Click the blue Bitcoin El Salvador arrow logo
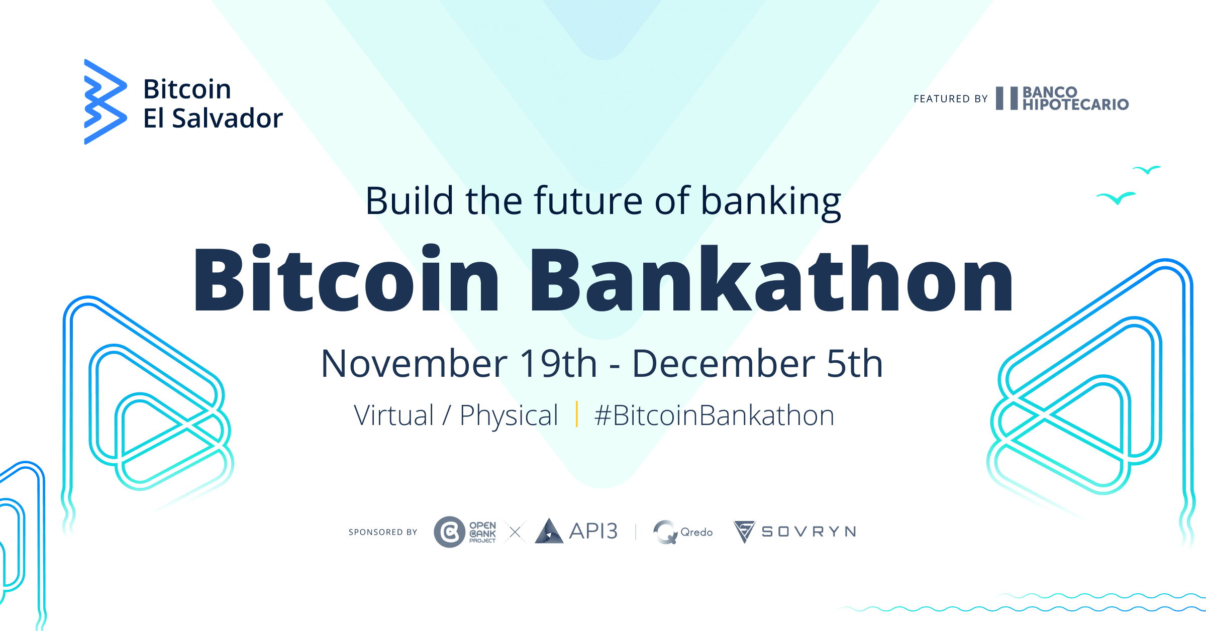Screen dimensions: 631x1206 coord(105,102)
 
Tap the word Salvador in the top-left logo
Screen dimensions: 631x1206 coord(227,119)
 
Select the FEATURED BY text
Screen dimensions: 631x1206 coord(950,99)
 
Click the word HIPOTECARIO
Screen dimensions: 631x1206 coord(1075,105)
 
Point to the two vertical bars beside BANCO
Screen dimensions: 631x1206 coord(1007,98)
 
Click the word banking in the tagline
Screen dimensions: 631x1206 coord(771,201)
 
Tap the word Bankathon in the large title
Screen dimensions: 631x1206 coord(771,279)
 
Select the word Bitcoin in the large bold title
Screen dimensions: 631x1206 coord(347,279)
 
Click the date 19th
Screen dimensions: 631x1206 coord(558,364)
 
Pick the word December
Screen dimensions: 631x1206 coord(724,364)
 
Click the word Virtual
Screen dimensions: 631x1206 coord(393,416)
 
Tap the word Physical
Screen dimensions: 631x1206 coord(509,416)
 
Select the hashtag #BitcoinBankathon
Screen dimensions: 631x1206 coord(714,416)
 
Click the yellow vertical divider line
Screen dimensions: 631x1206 coord(576,414)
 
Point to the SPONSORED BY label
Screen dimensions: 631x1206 coord(383,533)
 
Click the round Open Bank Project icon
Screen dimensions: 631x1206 coord(449,532)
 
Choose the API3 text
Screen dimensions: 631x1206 coord(593,532)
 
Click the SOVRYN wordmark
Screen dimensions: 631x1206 coord(809,532)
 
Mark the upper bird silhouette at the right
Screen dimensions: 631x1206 coord(1147,170)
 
